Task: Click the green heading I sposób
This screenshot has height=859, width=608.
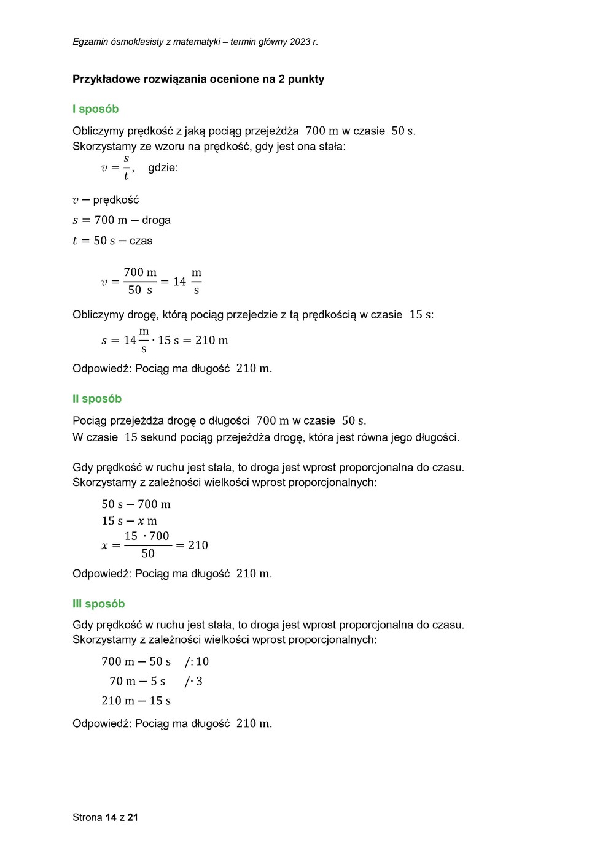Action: tap(95, 109)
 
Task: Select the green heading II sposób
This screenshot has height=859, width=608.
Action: tap(97, 399)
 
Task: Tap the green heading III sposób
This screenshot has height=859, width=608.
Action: tap(98, 604)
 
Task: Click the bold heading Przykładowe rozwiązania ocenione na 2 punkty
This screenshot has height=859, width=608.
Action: tap(198, 79)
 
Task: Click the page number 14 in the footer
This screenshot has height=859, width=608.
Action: tap(111, 817)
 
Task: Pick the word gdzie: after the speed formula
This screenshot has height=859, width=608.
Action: tap(163, 168)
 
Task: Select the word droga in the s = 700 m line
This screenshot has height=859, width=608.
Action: tap(156, 220)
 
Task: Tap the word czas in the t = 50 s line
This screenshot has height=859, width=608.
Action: tap(141, 241)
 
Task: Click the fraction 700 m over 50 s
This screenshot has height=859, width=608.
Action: tap(140, 281)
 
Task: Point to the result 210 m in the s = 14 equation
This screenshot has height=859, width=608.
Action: tap(211, 341)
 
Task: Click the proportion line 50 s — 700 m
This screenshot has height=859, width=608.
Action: tap(136, 504)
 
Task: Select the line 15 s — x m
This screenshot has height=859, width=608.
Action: tap(129, 521)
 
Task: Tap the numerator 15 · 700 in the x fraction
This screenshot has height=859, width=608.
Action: tap(147, 536)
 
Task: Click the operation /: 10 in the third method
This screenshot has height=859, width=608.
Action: tap(197, 661)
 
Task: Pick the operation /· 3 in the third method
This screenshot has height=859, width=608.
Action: tap(193, 681)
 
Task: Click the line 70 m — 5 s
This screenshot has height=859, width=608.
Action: tap(137, 681)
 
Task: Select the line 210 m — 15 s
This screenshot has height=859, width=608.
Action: tap(136, 701)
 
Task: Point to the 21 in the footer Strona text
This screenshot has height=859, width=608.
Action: tap(133, 817)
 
